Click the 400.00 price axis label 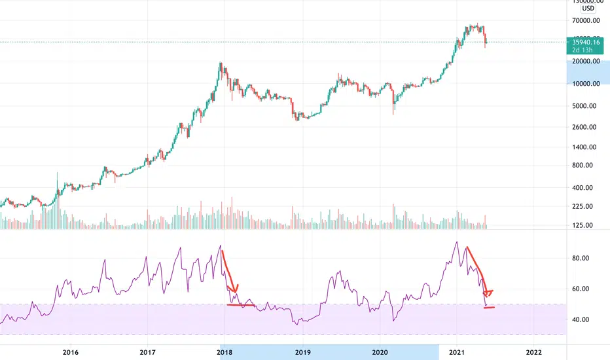[x=583, y=188]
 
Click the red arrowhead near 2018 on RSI [x=235, y=288]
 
